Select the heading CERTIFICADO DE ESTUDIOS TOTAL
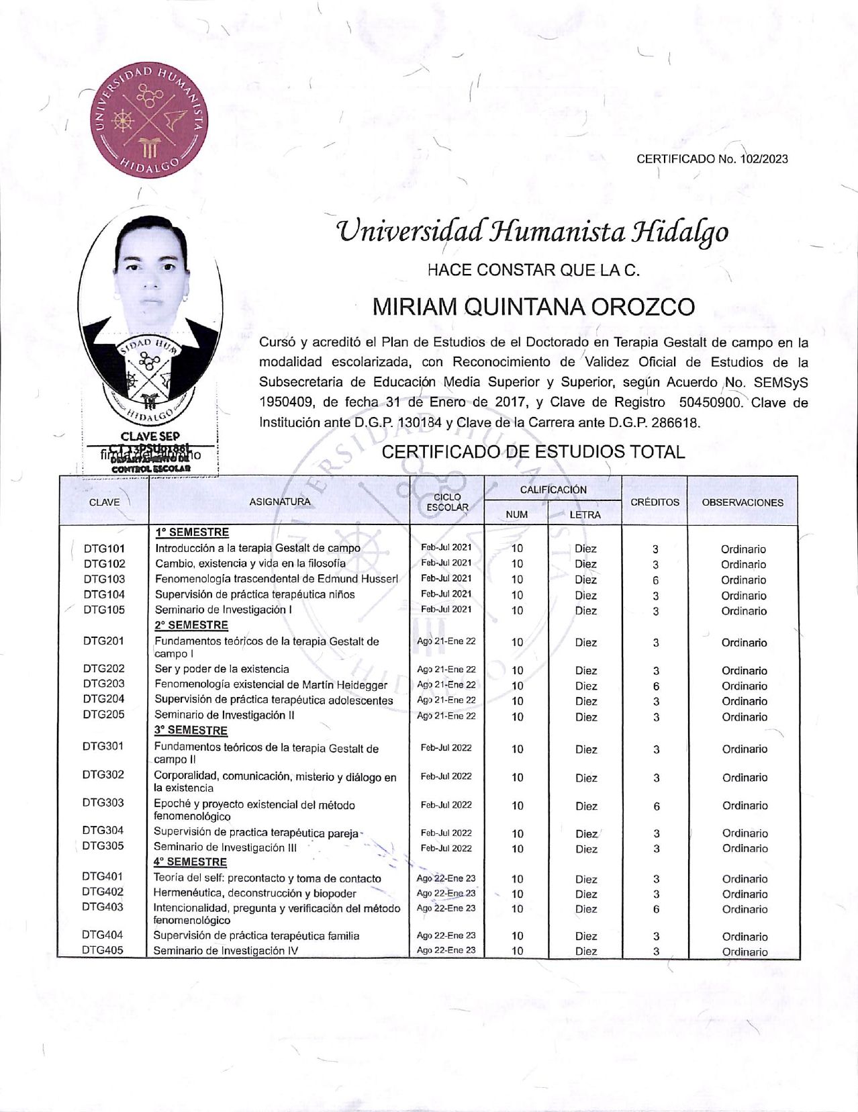[x=533, y=452]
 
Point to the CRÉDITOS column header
[x=655, y=502]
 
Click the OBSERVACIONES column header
[x=743, y=502]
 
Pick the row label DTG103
[x=104, y=579]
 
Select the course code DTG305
[x=103, y=845]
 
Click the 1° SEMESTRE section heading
[x=192, y=532]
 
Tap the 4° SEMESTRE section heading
[x=190, y=862]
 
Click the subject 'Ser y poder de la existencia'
[x=222, y=669]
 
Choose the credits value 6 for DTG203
[x=656, y=686]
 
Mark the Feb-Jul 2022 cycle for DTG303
[x=446, y=804]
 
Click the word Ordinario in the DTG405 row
[x=745, y=952]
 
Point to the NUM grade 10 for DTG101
[x=517, y=549]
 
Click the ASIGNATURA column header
[x=280, y=502]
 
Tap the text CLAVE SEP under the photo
[x=150, y=436]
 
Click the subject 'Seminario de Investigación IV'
[x=226, y=951]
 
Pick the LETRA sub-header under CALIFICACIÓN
[x=585, y=514]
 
